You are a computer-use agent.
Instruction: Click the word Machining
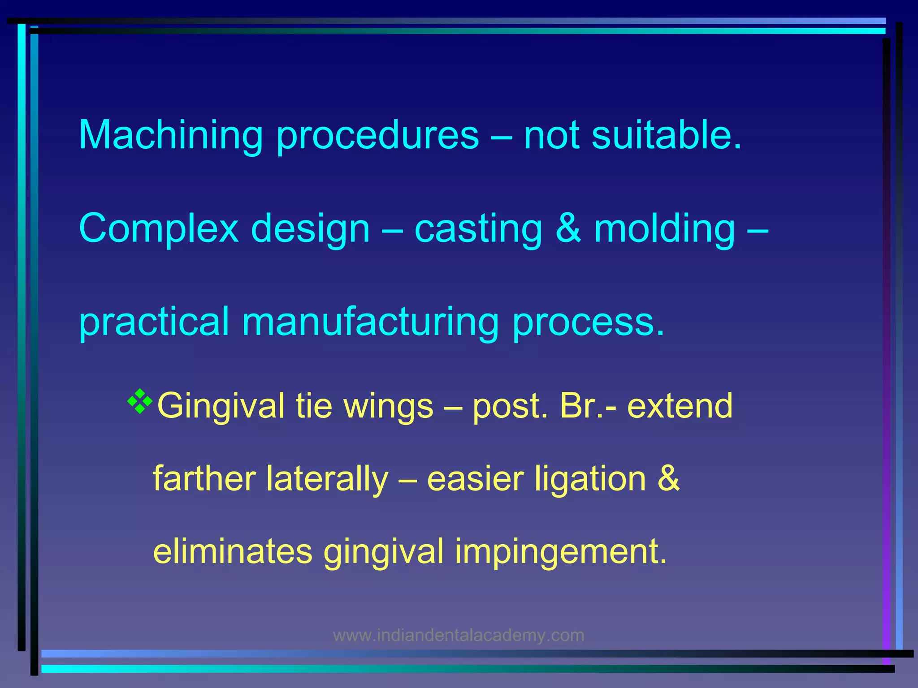[171, 136]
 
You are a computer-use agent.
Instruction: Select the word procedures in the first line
[377, 136]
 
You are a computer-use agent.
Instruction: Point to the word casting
[478, 229]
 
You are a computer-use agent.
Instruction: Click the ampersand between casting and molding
[568, 228]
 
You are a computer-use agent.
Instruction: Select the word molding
[664, 229]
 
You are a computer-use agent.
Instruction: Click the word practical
[154, 322]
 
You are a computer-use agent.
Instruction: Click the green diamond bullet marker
[140, 401]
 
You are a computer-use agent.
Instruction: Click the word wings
[388, 406]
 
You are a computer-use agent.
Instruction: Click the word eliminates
[233, 551]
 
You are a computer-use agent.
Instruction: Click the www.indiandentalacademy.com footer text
[459, 635]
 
